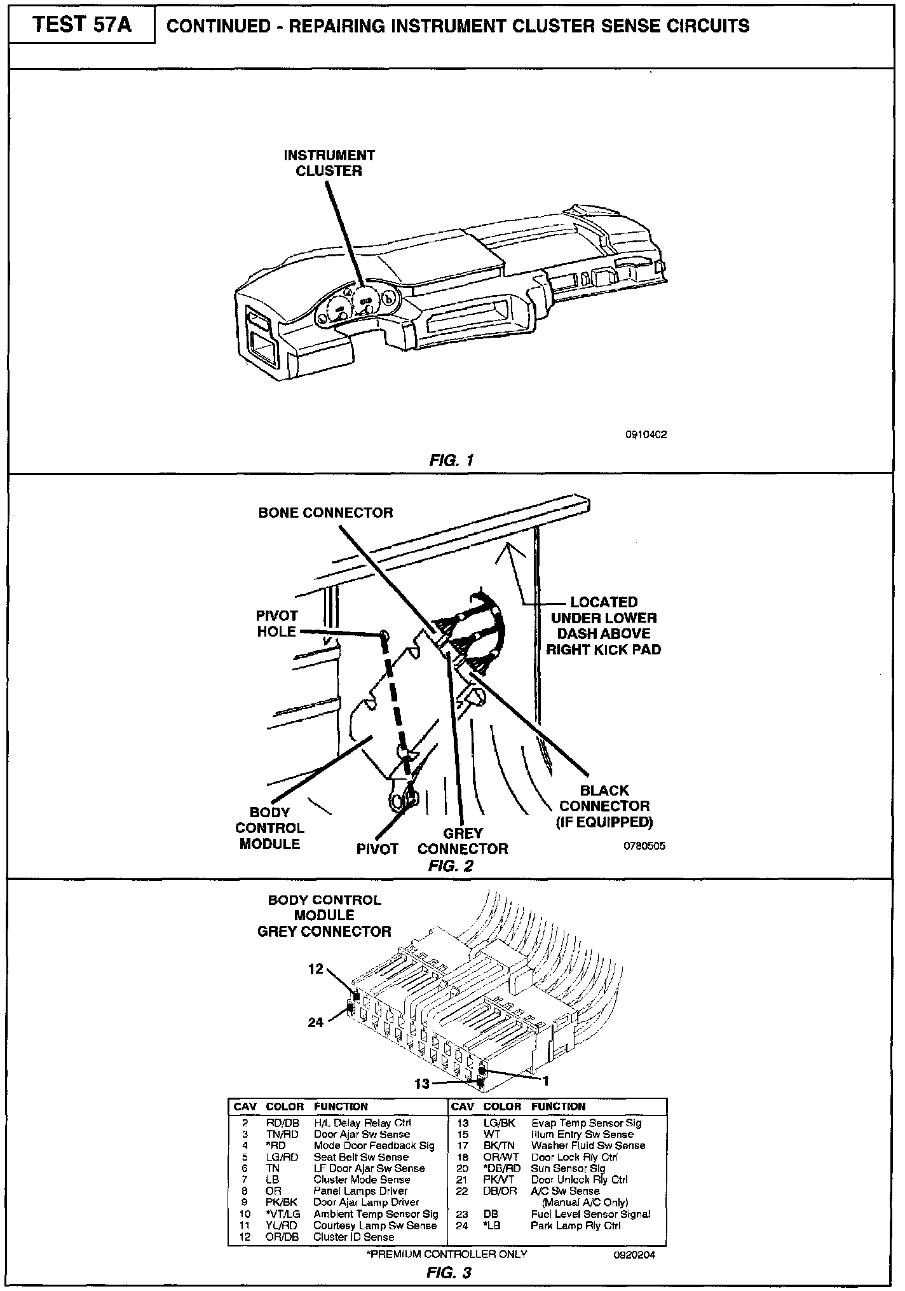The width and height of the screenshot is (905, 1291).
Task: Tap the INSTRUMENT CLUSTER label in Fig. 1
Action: [329, 163]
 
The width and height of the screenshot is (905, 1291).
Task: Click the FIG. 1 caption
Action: [451, 459]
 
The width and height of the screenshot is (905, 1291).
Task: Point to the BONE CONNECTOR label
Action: [325, 513]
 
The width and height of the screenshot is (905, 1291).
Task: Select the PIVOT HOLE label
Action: [276, 623]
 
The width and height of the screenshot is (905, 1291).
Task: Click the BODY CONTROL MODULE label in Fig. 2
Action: [269, 828]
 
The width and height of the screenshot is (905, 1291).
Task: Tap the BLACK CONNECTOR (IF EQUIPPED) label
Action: [604, 806]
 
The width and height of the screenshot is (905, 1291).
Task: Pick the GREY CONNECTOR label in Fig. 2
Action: [463, 841]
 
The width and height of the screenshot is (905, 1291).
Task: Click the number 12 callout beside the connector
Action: [316, 969]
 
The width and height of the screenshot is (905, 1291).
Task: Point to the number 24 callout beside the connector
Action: [316, 1022]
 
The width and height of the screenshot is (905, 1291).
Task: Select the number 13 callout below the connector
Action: [423, 1084]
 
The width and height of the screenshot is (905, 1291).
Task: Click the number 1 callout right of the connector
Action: [545, 1080]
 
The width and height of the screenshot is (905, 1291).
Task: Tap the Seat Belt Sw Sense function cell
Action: [360, 1157]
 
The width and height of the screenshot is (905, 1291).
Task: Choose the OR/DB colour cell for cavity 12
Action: [282, 1237]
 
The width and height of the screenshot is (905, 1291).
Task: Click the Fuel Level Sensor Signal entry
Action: [590, 1214]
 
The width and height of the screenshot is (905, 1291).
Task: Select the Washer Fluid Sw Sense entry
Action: [588, 1145]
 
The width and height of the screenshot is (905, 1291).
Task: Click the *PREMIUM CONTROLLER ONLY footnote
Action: [447, 1254]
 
